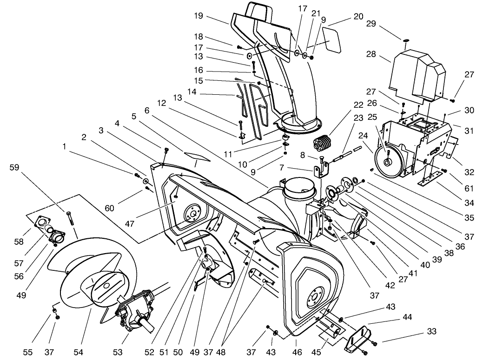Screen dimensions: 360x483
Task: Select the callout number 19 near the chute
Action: point(198,15)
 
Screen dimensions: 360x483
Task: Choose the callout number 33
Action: point(432,332)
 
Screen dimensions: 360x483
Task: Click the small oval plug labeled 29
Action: point(406,40)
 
